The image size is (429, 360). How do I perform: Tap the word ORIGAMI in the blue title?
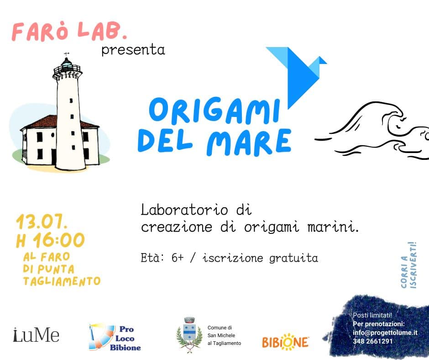click(214, 111)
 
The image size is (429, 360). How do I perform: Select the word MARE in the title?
click(249, 142)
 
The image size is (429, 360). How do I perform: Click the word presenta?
click(133, 50)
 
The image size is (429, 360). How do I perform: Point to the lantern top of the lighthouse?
click(67, 66)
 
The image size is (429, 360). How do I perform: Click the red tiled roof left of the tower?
click(41, 122)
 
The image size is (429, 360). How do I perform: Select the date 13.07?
click(42, 222)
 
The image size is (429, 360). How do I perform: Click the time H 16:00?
click(50, 240)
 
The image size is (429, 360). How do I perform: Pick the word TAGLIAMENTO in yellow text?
click(62, 281)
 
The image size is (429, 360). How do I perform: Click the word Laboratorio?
click(184, 210)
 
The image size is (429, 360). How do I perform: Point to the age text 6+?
click(177, 258)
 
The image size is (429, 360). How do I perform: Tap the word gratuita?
click(293, 259)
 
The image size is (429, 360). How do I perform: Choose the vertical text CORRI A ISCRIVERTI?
click(409, 265)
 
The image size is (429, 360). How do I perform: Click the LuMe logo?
click(36, 335)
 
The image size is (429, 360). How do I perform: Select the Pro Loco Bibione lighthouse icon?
click(101, 337)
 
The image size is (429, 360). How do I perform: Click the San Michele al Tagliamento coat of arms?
click(189, 334)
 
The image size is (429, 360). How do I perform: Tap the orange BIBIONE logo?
click(285, 342)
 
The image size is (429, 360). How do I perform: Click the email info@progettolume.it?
click(385, 333)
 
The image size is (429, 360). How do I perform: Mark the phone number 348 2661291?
click(373, 341)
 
